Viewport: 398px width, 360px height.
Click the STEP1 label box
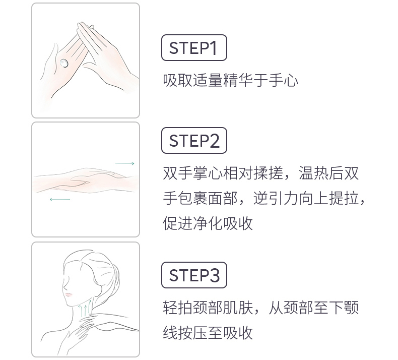(194, 48)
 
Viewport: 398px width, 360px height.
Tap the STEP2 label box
(194, 141)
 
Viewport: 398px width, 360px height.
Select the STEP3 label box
(194, 275)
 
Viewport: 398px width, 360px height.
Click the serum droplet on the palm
(63, 63)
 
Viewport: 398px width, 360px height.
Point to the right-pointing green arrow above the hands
(124, 163)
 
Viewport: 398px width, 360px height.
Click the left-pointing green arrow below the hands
(60, 200)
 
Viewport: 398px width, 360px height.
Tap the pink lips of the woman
(69, 295)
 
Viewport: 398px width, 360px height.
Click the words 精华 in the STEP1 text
(238, 80)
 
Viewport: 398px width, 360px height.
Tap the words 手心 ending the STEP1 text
(283, 80)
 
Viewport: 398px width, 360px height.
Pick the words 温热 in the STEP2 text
(313, 173)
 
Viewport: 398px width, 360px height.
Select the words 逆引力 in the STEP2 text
(276, 198)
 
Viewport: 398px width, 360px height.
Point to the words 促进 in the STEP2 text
(178, 223)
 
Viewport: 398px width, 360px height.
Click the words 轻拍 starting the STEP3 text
(178, 308)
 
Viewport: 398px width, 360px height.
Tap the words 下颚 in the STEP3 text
(344, 308)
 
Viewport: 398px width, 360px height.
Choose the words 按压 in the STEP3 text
(192, 333)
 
